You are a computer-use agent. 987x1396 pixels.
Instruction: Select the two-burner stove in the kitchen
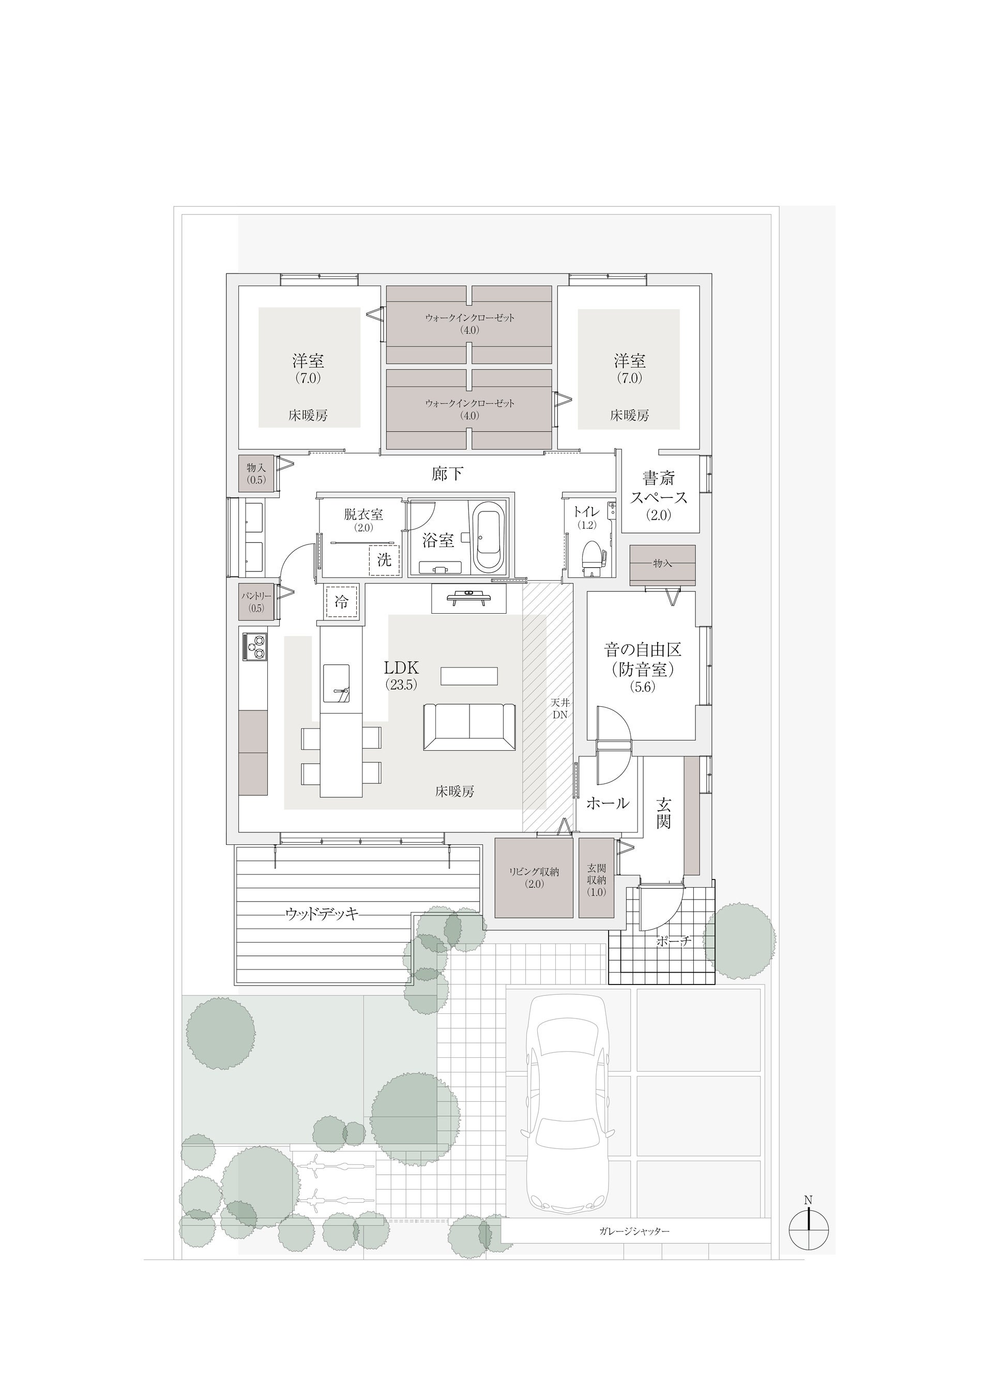click(255, 646)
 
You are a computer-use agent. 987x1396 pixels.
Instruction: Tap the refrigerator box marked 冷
click(341, 602)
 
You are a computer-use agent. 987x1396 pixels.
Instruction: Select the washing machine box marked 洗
click(384, 559)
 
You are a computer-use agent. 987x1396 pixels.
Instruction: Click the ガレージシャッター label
click(634, 1231)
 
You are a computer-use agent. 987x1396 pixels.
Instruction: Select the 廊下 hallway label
click(448, 474)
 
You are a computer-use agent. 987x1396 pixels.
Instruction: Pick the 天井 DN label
click(559, 709)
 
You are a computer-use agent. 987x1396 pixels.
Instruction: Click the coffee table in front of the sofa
click(469, 676)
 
